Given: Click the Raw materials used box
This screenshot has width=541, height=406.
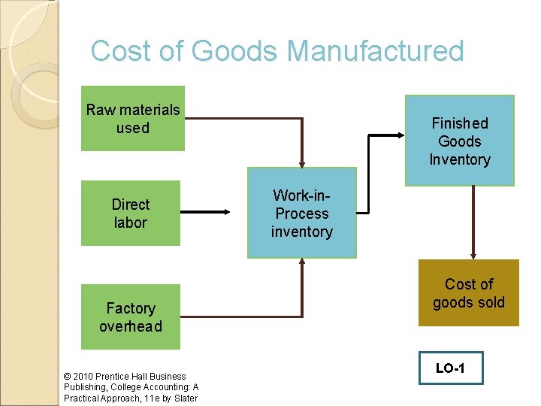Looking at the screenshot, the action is point(133,119).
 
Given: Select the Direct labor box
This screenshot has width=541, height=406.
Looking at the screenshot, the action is point(131,214).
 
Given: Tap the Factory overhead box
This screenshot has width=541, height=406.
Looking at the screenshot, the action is point(131,317).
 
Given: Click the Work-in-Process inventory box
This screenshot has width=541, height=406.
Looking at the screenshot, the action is point(302,214).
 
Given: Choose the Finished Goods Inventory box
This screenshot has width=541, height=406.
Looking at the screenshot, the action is point(460,141).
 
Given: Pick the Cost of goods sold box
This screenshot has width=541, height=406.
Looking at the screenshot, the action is point(469,293).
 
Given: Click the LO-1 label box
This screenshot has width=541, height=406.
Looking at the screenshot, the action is point(451,368).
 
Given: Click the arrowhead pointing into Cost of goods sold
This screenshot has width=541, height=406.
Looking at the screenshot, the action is point(473,256).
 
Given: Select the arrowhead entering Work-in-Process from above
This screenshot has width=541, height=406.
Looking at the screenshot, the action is point(302,162).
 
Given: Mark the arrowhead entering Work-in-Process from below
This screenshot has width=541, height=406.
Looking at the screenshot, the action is point(302,263).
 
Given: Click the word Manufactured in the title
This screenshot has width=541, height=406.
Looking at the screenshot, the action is point(376,51).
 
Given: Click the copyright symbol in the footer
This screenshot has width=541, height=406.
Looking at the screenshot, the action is point(68,376).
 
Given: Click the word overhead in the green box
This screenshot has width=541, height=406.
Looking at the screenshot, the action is point(131,326).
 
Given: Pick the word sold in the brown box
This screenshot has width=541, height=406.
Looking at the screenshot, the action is point(491,302).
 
